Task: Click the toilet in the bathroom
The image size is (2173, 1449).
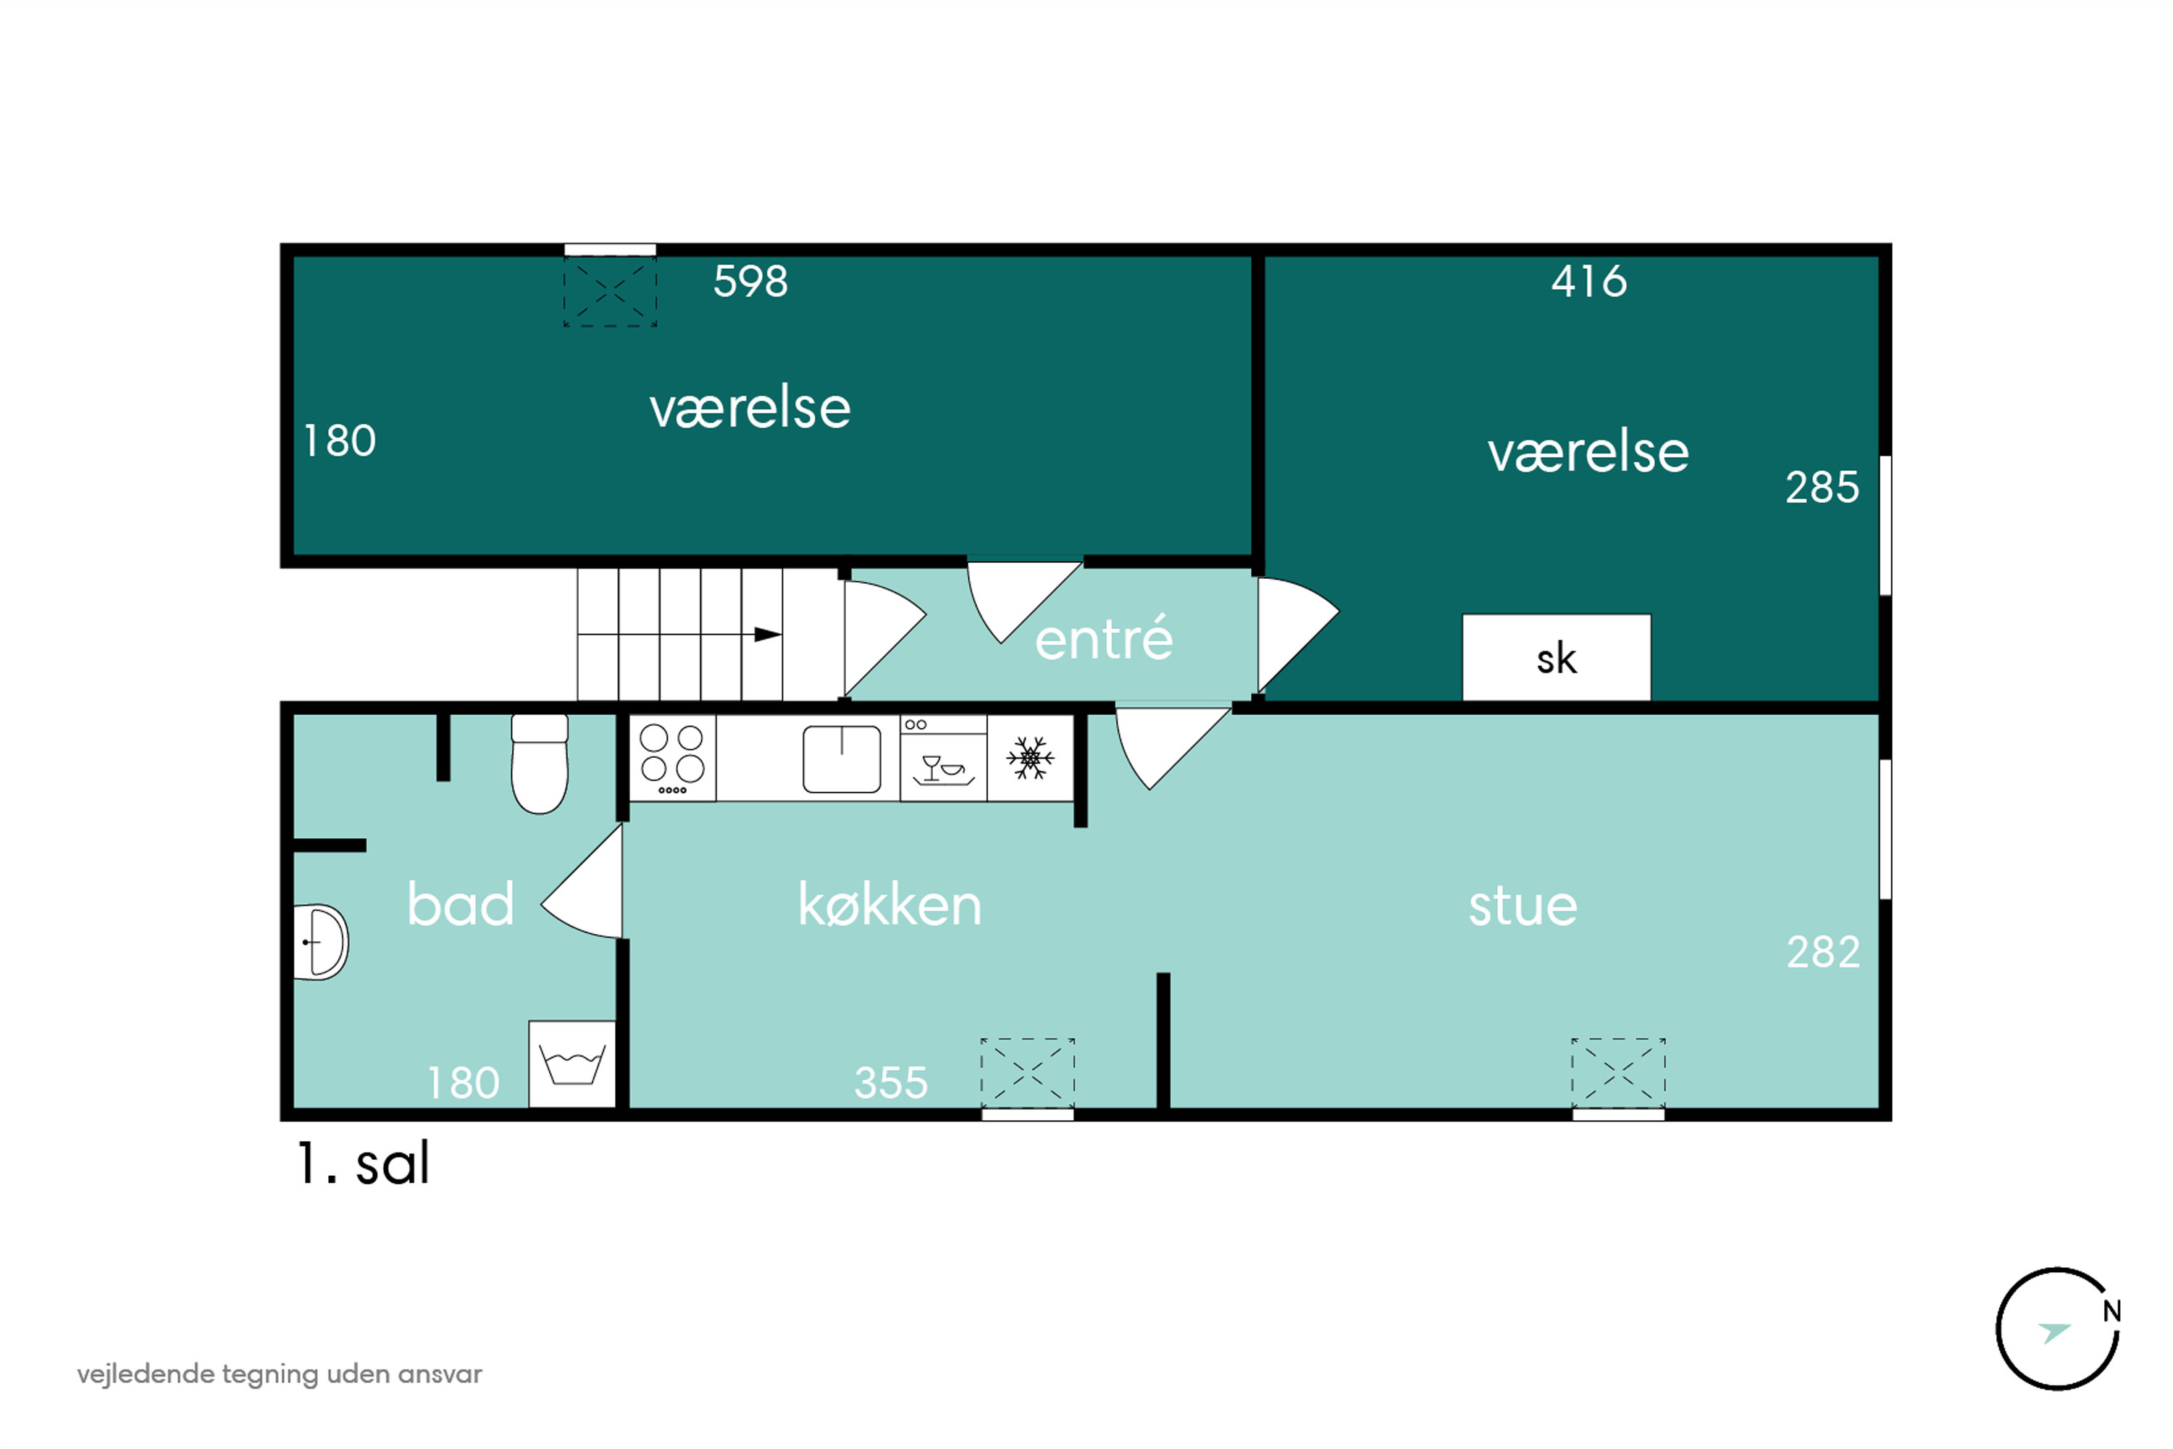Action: [540, 764]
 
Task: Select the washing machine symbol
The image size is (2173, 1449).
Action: [572, 1064]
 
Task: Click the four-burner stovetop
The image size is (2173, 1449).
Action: [673, 758]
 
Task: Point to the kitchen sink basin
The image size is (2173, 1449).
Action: [842, 759]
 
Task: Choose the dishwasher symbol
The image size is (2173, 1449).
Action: [943, 758]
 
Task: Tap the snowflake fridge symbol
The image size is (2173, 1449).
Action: [1030, 758]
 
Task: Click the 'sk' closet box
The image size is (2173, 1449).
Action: [1556, 657]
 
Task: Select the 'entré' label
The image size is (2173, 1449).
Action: [1104, 638]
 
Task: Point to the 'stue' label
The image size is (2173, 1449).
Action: [1523, 906]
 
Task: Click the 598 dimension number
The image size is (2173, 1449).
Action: [750, 281]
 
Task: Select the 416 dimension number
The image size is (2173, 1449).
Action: [1589, 281]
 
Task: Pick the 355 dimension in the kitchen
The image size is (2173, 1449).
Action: [891, 1082]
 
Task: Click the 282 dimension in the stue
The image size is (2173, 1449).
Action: [1823, 952]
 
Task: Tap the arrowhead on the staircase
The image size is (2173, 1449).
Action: [768, 634]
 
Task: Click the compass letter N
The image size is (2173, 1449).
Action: [2111, 1311]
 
